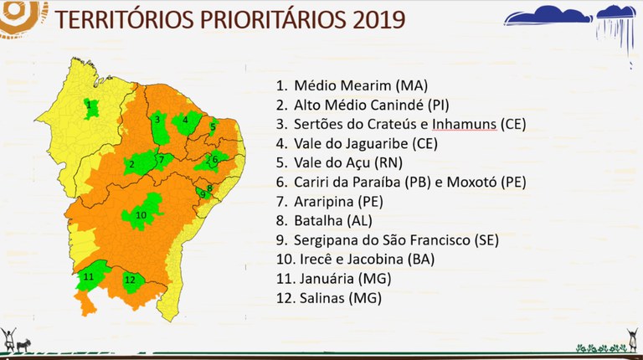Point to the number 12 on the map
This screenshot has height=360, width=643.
(130, 280)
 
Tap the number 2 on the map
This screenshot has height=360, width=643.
(131, 164)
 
